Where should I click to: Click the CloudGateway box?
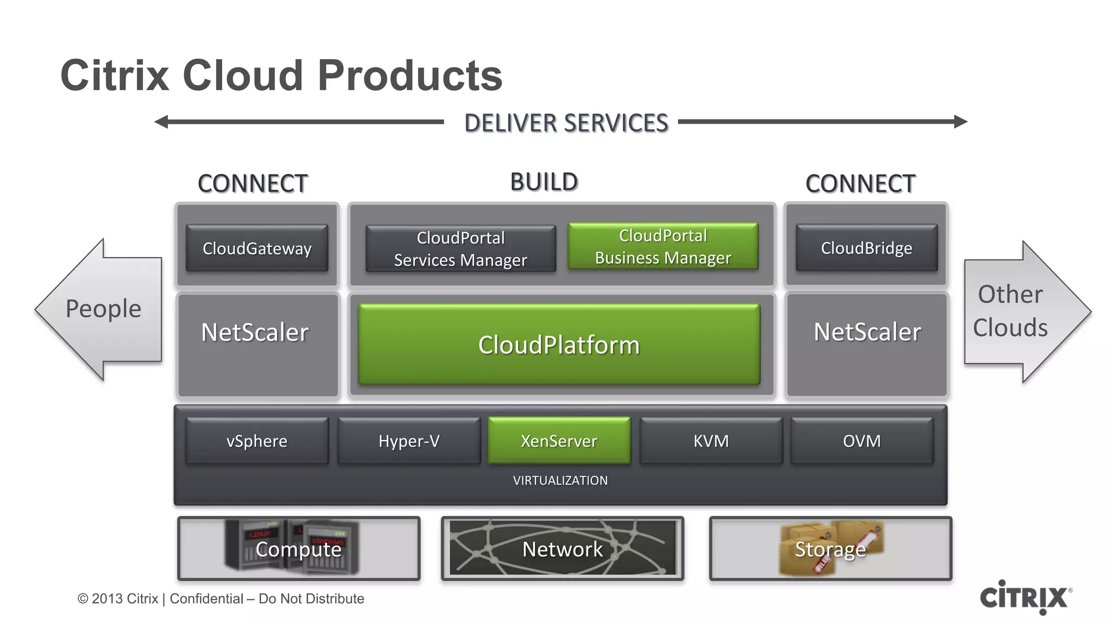click(x=257, y=248)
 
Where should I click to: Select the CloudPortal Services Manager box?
click(x=460, y=249)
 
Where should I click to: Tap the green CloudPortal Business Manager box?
click(x=663, y=246)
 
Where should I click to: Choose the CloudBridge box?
click(x=867, y=248)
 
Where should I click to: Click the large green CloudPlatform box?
click(x=559, y=345)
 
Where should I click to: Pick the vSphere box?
click(x=257, y=441)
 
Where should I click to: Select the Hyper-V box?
click(x=409, y=441)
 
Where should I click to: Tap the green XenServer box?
click(x=559, y=441)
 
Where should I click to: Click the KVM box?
click(x=711, y=441)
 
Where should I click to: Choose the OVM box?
click(x=862, y=441)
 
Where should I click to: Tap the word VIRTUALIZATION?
click(x=560, y=480)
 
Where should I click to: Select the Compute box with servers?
click(x=299, y=549)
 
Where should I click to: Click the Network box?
click(x=562, y=549)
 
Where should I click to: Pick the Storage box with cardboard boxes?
click(x=830, y=549)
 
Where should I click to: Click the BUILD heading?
click(x=544, y=182)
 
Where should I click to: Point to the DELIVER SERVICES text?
click(x=566, y=123)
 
